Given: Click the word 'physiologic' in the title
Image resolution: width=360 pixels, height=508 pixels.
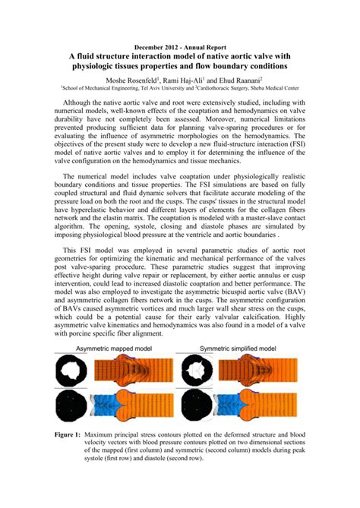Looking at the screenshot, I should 97,67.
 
